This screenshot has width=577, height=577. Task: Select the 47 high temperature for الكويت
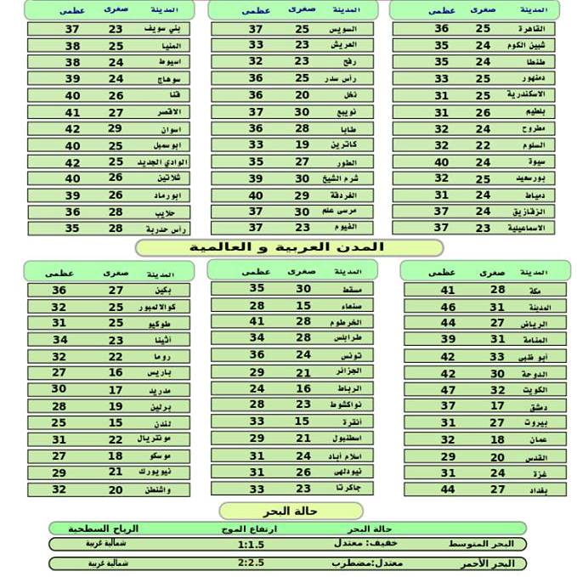(x=448, y=390)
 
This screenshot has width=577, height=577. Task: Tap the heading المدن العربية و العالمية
(x=290, y=247)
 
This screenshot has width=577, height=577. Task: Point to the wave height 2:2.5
(x=252, y=563)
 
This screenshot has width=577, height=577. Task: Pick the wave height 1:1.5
(x=252, y=544)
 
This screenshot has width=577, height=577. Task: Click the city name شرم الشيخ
(x=347, y=178)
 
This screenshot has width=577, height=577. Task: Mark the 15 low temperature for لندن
(x=116, y=423)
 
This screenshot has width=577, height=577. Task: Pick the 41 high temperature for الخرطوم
(x=257, y=322)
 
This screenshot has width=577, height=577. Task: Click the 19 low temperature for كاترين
(x=302, y=145)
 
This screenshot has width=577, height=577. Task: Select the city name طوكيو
(x=167, y=324)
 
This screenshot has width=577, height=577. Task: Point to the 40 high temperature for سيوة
(x=441, y=162)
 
